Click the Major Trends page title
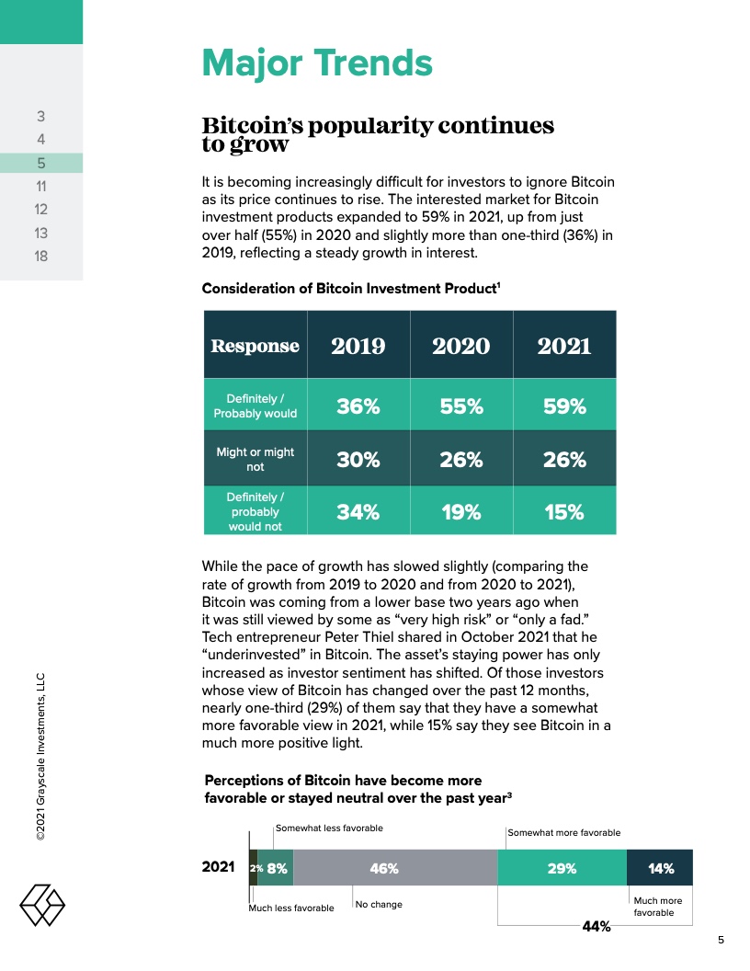pyautogui.click(x=317, y=63)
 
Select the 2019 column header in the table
pyautogui.click(x=358, y=346)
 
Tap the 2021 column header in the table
pyautogui.click(x=564, y=346)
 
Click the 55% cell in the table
pyautogui.click(x=461, y=406)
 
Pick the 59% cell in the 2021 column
pyautogui.click(x=564, y=406)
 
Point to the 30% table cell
pyautogui.click(x=358, y=460)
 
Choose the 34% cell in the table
pyautogui.click(x=358, y=512)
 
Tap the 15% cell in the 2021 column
pyautogui.click(x=564, y=512)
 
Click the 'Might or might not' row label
pyautogui.click(x=255, y=460)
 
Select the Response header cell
pyautogui.click(x=255, y=346)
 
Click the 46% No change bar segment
pyautogui.click(x=395, y=868)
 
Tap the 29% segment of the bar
pyautogui.click(x=562, y=868)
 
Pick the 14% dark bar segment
pyautogui.click(x=660, y=868)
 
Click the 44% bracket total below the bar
pyautogui.click(x=597, y=927)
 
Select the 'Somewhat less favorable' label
pyautogui.click(x=329, y=828)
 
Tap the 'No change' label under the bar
pyautogui.click(x=379, y=905)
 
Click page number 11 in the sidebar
pyautogui.click(x=41, y=187)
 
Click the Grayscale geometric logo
pyautogui.click(x=42, y=906)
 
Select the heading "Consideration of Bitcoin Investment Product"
pyautogui.click(x=350, y=289)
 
